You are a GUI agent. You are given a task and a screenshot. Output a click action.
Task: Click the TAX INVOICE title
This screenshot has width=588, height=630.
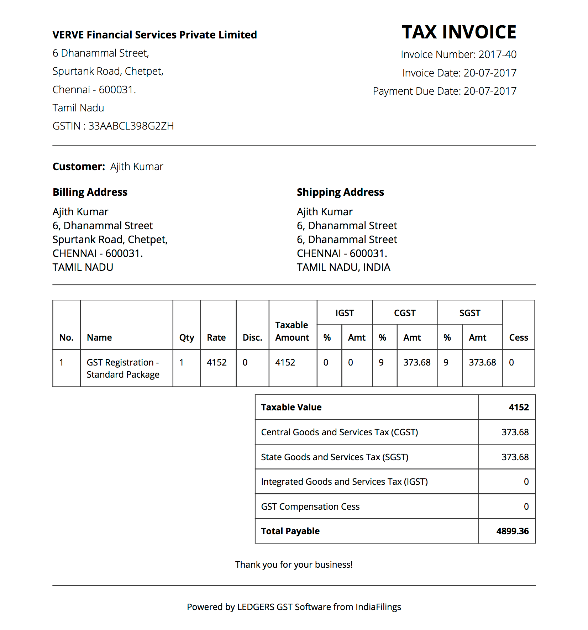[x=459, y=32]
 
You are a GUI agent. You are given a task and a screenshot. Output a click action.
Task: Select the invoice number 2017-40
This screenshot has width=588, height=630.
[x=497, y=54]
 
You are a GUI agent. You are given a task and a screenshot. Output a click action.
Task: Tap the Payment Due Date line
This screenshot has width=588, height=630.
[x=445, y=91]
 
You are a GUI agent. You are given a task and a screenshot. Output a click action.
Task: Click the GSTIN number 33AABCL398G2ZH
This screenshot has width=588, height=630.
[x=131, y=126]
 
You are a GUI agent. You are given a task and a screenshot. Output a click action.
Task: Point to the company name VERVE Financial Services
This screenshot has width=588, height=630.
[x=154, y=35]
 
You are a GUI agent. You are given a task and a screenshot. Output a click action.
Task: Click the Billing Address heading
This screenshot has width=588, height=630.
[x=90, y=192]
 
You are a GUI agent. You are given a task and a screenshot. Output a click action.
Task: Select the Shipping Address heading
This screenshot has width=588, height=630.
[x=340, y=192]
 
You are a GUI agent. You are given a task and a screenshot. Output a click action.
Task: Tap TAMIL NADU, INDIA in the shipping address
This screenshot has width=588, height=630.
[x=343, y=267]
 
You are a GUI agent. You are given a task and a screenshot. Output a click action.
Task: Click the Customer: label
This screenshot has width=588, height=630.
[x=79, y=167]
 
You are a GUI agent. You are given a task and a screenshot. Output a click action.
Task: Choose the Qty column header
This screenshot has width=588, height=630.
[x=187, y=337]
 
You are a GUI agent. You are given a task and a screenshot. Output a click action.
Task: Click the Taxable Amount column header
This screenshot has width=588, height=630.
[x=292, y=331]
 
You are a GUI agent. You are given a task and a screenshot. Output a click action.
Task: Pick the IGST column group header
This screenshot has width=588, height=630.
[x=345, y=313]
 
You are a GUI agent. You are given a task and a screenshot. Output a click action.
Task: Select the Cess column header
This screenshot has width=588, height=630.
[x=518, y=337]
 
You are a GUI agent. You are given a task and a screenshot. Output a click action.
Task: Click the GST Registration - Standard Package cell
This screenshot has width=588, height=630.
[x=123, y=368]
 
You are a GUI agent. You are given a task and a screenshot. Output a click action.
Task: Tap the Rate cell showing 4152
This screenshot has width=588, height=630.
[x=216, y=362]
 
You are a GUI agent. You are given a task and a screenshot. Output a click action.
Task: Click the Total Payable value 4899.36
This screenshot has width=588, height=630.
[x=512, y=531]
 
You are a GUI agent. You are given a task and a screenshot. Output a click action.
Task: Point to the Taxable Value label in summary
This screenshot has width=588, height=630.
[x=291, y=407]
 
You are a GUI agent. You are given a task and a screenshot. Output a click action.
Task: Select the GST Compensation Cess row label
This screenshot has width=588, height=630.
[x=310, y=506]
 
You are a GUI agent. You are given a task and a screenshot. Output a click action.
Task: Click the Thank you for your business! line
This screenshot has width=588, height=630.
[x=294, y=565]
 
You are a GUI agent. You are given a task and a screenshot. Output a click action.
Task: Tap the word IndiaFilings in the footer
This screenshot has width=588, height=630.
[x=378, y=607]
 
